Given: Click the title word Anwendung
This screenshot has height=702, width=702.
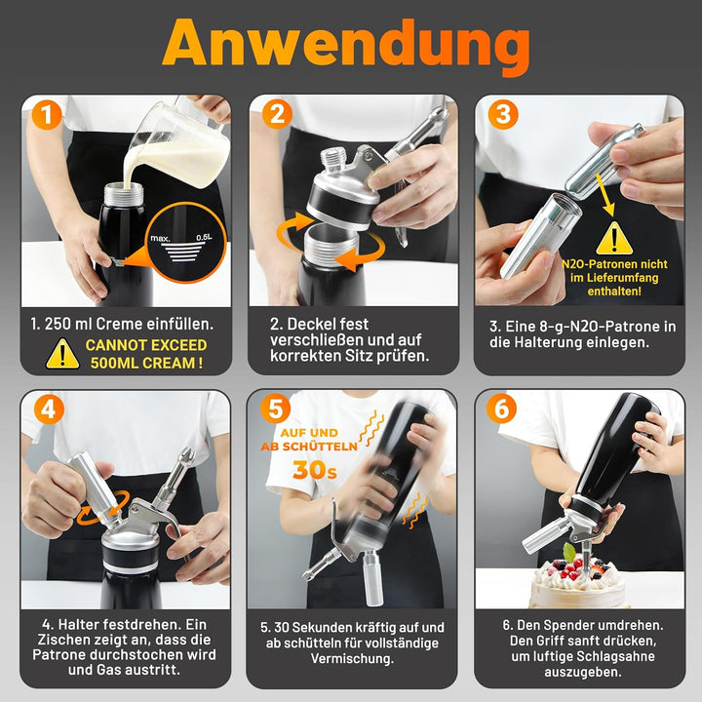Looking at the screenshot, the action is [346, 44].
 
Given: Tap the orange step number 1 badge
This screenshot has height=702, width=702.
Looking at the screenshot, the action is [47, 115].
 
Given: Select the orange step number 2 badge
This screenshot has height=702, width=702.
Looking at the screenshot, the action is [277, 114].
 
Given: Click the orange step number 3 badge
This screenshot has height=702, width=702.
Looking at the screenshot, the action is [503, 114].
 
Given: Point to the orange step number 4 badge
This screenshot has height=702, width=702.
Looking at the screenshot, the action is [49, 409].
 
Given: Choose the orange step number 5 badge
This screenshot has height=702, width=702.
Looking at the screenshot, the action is [275, 409].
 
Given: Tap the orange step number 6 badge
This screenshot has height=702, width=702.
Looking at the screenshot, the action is [501, 409].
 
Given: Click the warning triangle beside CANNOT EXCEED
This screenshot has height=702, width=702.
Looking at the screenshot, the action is [62, 355].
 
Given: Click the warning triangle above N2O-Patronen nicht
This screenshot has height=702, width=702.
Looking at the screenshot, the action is [614, 238].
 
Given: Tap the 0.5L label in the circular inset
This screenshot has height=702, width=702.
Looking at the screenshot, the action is [204, 237].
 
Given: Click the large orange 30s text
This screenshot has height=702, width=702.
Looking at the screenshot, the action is [314, 470].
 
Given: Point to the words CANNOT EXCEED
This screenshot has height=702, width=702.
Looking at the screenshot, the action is [146, 345].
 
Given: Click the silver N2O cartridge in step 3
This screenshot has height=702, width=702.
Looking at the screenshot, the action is [604, 162].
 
